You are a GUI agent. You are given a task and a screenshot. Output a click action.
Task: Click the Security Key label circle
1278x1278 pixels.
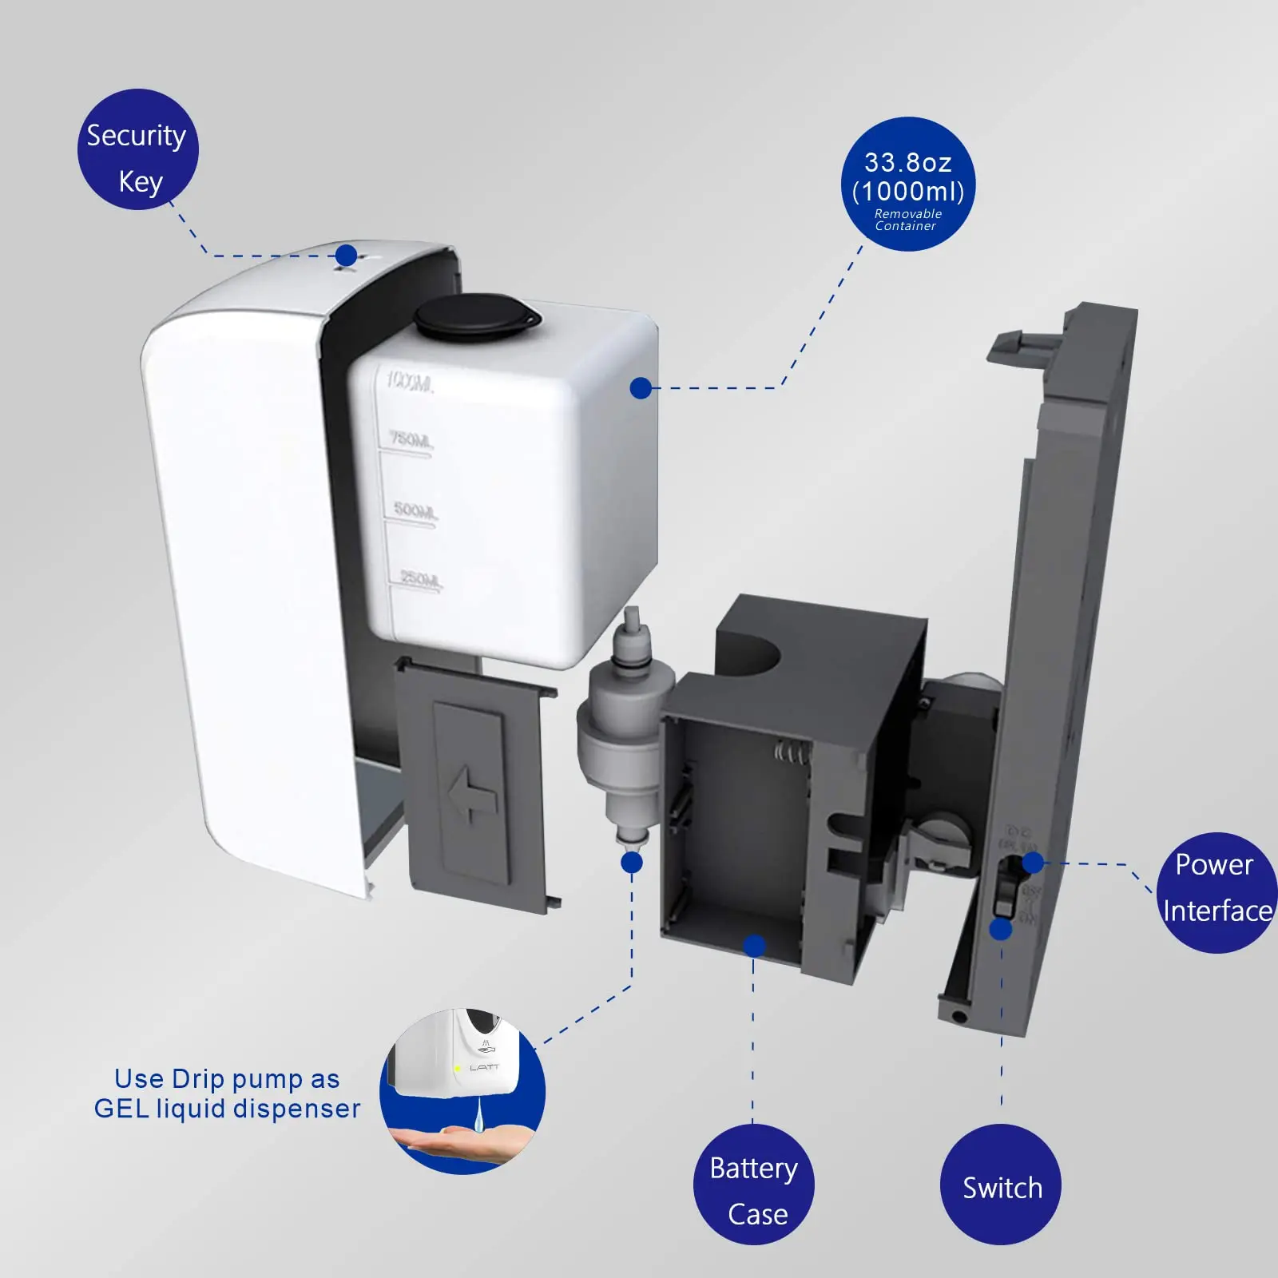(137, 149)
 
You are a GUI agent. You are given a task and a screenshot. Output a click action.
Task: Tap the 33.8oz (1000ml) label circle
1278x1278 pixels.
(907, 184)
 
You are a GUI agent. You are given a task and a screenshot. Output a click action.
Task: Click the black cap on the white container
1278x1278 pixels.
(477, 316)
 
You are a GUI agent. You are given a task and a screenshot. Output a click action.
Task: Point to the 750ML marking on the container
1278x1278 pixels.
(411, 439)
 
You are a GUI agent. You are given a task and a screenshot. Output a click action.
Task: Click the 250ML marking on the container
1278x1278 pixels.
(420, 578)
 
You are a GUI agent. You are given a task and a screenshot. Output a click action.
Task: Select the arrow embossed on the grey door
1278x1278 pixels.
(472, 793)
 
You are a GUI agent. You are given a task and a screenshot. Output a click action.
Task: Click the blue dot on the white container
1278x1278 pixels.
(641, 388)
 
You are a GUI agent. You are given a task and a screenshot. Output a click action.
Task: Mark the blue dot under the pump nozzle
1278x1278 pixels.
(631, 863)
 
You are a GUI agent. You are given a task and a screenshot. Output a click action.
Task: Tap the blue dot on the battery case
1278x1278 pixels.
(754, 947)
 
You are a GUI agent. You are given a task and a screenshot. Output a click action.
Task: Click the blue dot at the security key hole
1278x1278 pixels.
(346, 256)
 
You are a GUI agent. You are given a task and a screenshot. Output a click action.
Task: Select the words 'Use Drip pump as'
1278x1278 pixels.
(227, 1078)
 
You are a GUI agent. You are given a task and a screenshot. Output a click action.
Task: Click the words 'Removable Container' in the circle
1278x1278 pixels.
(907, 220)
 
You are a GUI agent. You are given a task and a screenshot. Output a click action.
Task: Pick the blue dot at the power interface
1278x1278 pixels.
(1033, 863)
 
